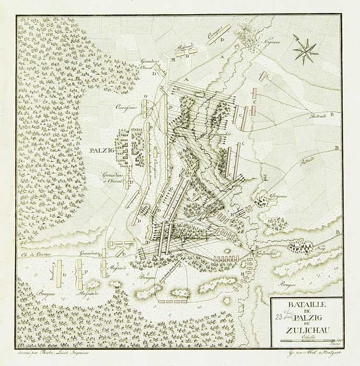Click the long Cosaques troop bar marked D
click(219, 35)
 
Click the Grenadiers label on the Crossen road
click(89, 254)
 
